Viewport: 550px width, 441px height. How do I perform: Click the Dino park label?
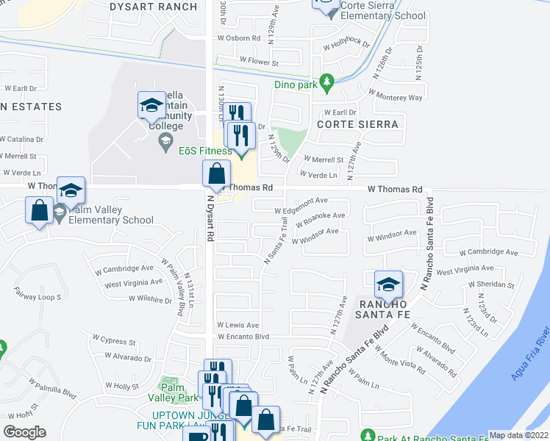pyautogui.click(x=295, y=85)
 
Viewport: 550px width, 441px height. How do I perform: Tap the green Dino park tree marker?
pyautogui.click(x=326, y=81)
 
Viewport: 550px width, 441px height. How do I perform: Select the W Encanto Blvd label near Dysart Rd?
pyautogui.click(x=243, y=337)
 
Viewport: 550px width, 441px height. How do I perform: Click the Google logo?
pyautogui.click(x=25, y=431)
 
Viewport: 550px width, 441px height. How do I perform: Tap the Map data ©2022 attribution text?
pyautogui.click(x=519, y=435)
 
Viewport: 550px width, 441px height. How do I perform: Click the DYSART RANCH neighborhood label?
pyautogui.click(x=153, y=7)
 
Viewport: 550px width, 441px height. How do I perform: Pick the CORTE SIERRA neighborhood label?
pyautogui.click(x=357, y=124)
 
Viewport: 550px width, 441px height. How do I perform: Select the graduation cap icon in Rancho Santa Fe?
pyautogui.click(x=388, y=285)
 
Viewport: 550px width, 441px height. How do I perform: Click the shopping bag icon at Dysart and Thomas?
pyautogui.click(x=217, y=175)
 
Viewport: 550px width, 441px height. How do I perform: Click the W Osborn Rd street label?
pyautogui.click(x=239, y=38)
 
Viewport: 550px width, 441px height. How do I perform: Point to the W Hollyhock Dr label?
pyautogui.click(x=346, y=42)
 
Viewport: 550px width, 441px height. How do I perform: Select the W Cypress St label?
pyautogui.click(x=114, y=341)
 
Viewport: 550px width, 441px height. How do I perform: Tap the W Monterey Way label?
pyautogui.click(x=396, y=96)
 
